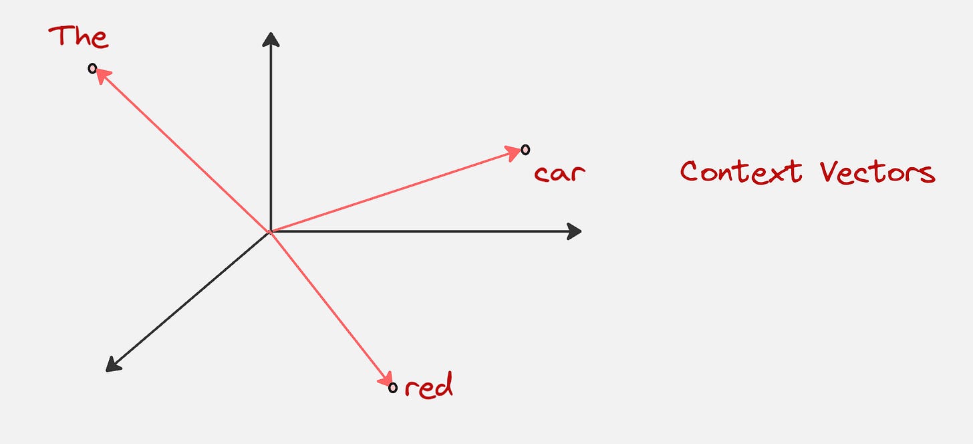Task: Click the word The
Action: tap(78, 36)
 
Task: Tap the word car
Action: tap(560, 173)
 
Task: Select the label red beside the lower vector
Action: tap(428, 386)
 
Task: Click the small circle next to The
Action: tap(92, 68)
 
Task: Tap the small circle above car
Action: tap(525, 149)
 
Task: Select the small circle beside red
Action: tap(392, 387)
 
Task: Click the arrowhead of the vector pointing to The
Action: tap(101, 76)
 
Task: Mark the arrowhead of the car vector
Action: tap(515, 152)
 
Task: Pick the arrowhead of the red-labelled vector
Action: tap(386, 380)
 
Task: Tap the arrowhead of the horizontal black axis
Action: tap(574, 231)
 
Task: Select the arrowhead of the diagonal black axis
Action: tap(113, 364)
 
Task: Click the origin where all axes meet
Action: tap(269, 232)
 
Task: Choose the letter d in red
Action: tap(444, 385)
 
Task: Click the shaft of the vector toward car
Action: tap(394, 191)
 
